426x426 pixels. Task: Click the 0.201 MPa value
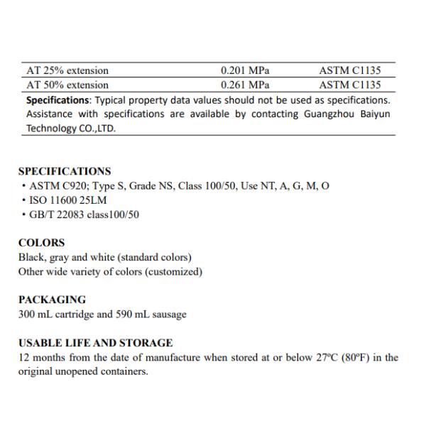245,70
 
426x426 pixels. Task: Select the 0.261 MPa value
245,85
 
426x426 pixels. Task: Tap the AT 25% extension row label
67,70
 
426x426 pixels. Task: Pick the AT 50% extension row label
67,85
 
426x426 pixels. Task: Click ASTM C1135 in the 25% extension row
350,70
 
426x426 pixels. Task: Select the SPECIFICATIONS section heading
65,171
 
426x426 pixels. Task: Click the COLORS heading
41,243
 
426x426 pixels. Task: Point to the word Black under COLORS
31,257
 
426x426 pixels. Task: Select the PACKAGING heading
52,300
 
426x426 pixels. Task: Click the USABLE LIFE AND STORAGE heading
95,343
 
